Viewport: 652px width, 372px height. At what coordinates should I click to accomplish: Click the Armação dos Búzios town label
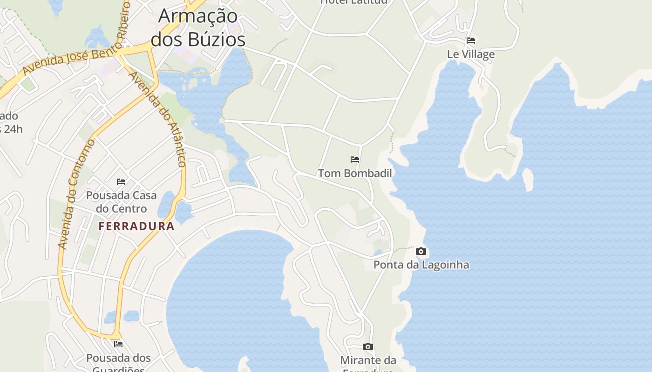pos(198,28)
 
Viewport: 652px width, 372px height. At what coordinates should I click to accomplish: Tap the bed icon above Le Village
pos(471,40)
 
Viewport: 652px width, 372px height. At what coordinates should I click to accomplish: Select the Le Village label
pos(471,54)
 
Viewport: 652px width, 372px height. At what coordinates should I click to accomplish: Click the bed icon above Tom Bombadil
pos(355,159)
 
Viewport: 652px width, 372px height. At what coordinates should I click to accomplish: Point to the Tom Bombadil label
pos(355,173)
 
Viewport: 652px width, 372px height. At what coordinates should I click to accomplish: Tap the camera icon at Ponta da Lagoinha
pos(421,252)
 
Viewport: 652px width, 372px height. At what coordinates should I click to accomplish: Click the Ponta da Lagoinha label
pos(421,265)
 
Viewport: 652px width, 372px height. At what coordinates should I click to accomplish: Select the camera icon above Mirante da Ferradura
pos(368,347)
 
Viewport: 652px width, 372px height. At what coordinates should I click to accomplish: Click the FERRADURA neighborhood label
pos(136,226)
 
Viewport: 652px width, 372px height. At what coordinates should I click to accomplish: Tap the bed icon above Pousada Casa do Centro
pos(121,181)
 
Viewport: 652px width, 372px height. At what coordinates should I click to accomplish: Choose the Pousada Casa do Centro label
pos(121,202)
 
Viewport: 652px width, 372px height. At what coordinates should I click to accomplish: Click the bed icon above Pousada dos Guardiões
pos(118,344)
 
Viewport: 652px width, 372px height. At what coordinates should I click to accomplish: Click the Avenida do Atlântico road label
pos(158,119)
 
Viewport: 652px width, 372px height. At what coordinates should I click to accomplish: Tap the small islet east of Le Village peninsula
pos(528,179)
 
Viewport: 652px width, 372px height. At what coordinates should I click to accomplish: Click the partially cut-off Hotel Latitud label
pos(354,2)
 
